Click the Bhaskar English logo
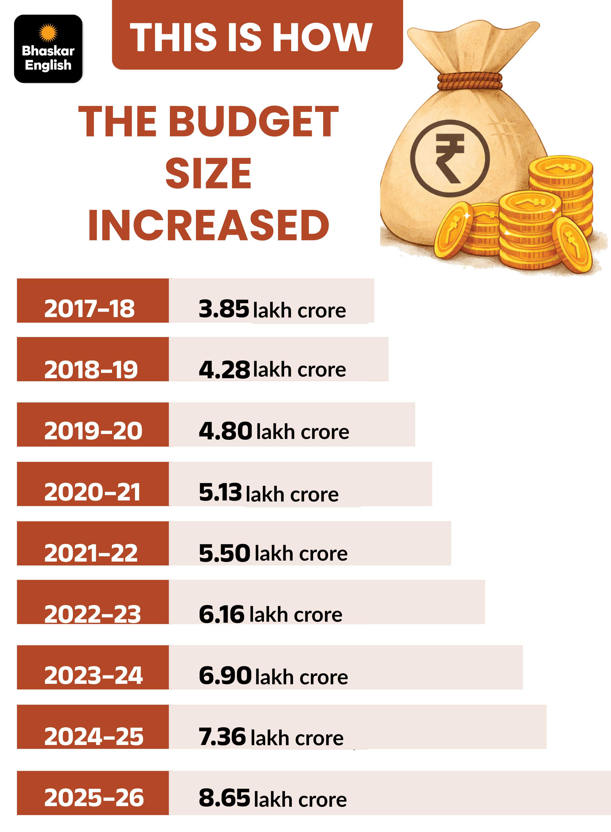48,49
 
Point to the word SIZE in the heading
208,173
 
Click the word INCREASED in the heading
208,225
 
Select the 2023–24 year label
93,675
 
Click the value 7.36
222,736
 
